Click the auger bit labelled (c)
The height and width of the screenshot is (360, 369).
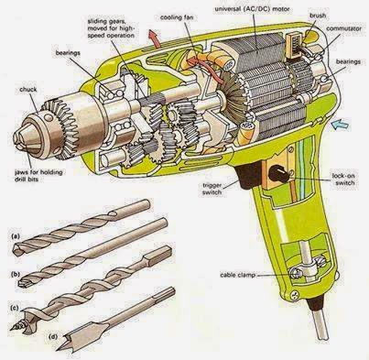click(92, 284)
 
